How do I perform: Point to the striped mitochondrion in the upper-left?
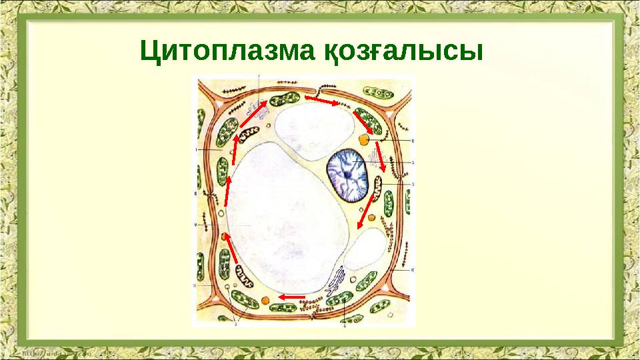(249, 135)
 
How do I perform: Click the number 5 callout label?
(413, 162)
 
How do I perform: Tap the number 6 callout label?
(413, 141)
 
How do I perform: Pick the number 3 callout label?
(413, 183)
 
